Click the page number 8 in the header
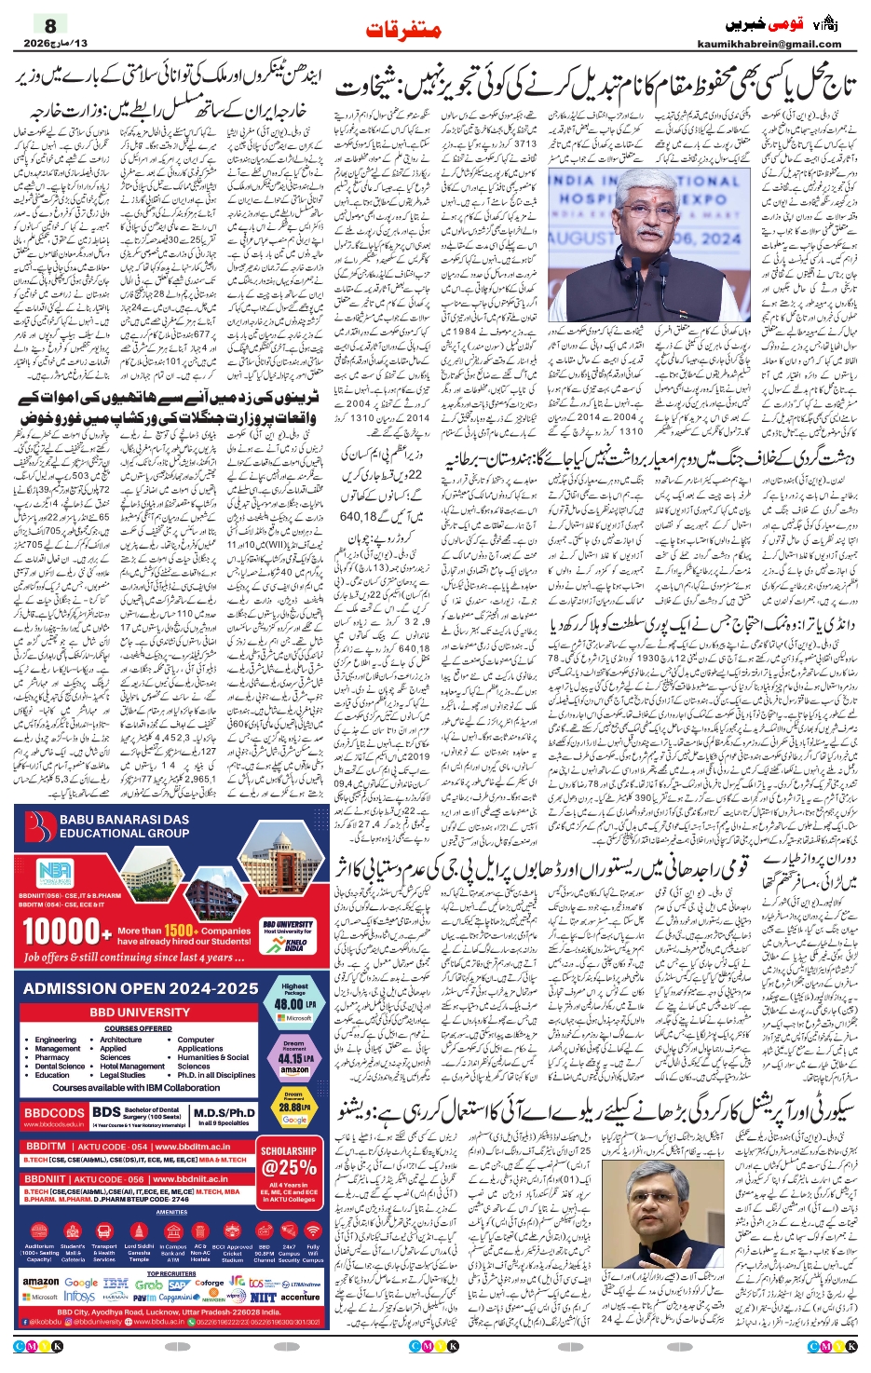[x=50, y=25]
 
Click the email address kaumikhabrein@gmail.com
[x=769, y=44]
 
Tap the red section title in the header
[x=402, y=30]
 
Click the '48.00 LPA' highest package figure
[x=294, y=1005]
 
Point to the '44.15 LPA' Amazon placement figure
[x=294, y=1059]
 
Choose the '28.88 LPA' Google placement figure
[x=294, y=1108]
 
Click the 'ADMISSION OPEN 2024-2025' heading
[x=141, y=988]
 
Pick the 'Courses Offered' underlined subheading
[x=138, y=1028]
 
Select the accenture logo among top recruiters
[x=300, y=1296]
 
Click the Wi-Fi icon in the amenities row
[x=313, y=1230]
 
